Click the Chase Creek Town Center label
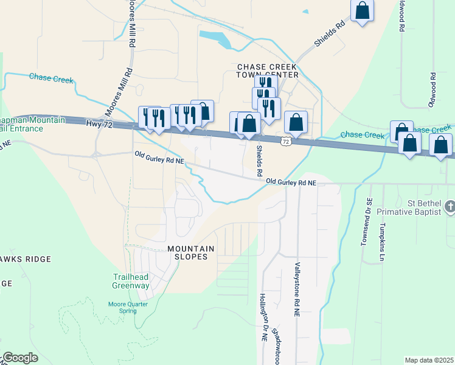tap(268, 71)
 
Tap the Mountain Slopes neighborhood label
tap(191, 252)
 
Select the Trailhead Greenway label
tap(131, 281)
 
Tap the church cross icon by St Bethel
tap(450, 206)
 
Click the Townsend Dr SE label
tap(366, 221)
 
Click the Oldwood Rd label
tap(432, 90)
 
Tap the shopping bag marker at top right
tap(363, 10)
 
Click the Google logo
tap(19, 358)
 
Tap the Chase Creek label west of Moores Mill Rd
tap(51, 79)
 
